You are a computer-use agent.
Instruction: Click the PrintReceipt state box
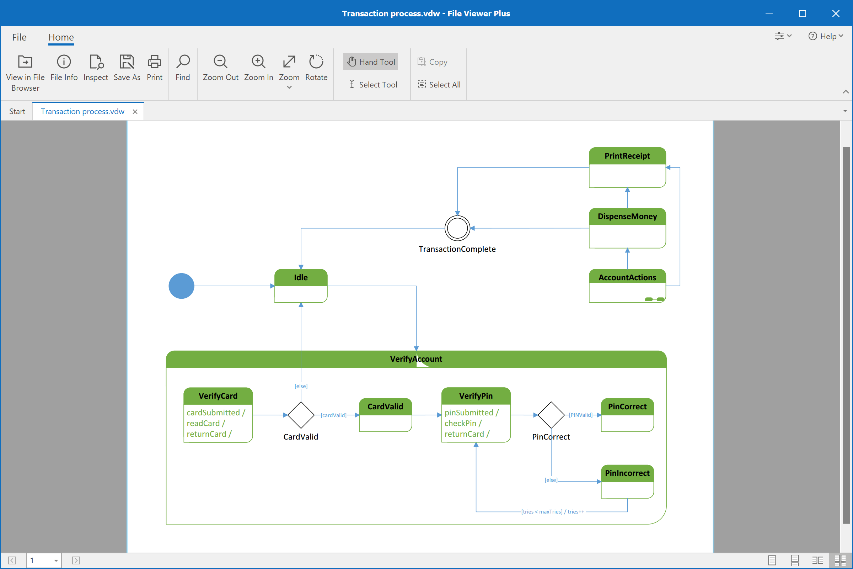tap(627, 167)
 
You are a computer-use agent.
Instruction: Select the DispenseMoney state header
tap(627, 216)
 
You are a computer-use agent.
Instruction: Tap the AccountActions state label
tap(627, 277)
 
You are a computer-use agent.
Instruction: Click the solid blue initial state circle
tap(181, 286)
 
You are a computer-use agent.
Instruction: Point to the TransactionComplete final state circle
tap(457, 228)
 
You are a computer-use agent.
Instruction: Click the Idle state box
tap(301, 286)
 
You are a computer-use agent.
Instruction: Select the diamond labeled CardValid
tap(301, 415)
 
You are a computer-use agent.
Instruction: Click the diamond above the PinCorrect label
tap(551, 415)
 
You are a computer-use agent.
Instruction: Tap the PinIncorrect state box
tap(627, 482)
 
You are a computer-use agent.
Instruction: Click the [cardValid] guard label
tap(333, 415)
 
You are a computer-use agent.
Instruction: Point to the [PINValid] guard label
tap(580, 415)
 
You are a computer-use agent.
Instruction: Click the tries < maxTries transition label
tap(552, 512)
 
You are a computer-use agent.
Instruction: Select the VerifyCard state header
tap(218, 396)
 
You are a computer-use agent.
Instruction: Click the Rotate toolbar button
tap(316, 68)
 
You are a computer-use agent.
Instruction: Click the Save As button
tap(127, 68)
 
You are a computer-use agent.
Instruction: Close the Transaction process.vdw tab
tap(135, 111)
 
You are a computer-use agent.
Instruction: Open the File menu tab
tap(19, 37)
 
